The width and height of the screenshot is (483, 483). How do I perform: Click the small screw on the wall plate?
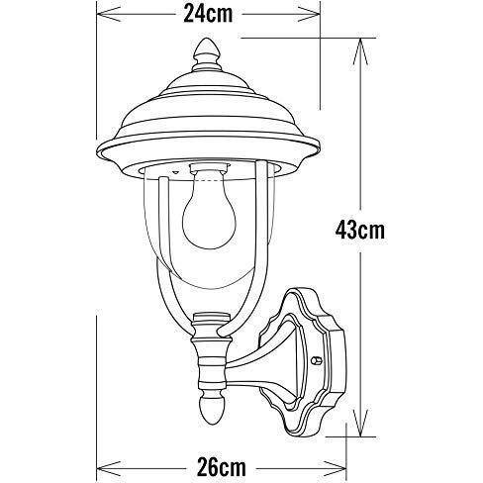pyautogui.click(x=317, y=363)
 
